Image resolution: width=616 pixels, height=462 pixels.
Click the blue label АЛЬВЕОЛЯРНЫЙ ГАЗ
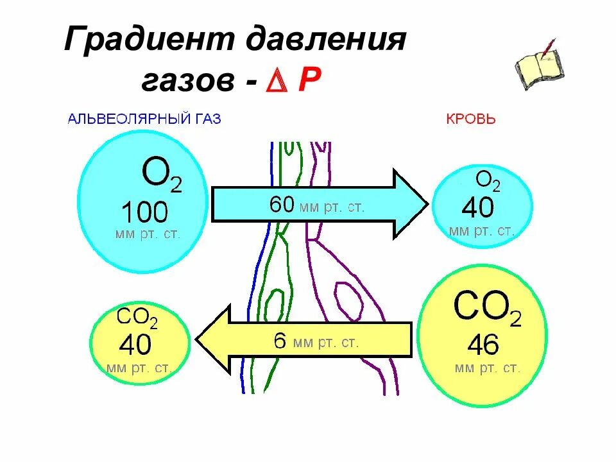pos(144,119)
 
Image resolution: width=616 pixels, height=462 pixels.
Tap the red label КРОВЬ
pos(470,119)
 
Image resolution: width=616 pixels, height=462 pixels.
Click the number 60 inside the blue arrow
pos(282,205)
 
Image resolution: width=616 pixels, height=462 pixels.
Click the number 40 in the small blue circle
pos(478,207)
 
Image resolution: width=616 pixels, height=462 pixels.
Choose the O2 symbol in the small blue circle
pos(488,182)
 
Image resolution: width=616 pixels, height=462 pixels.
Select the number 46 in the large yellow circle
pos(483,345)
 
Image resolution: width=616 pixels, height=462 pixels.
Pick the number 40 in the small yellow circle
pos(135,345)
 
